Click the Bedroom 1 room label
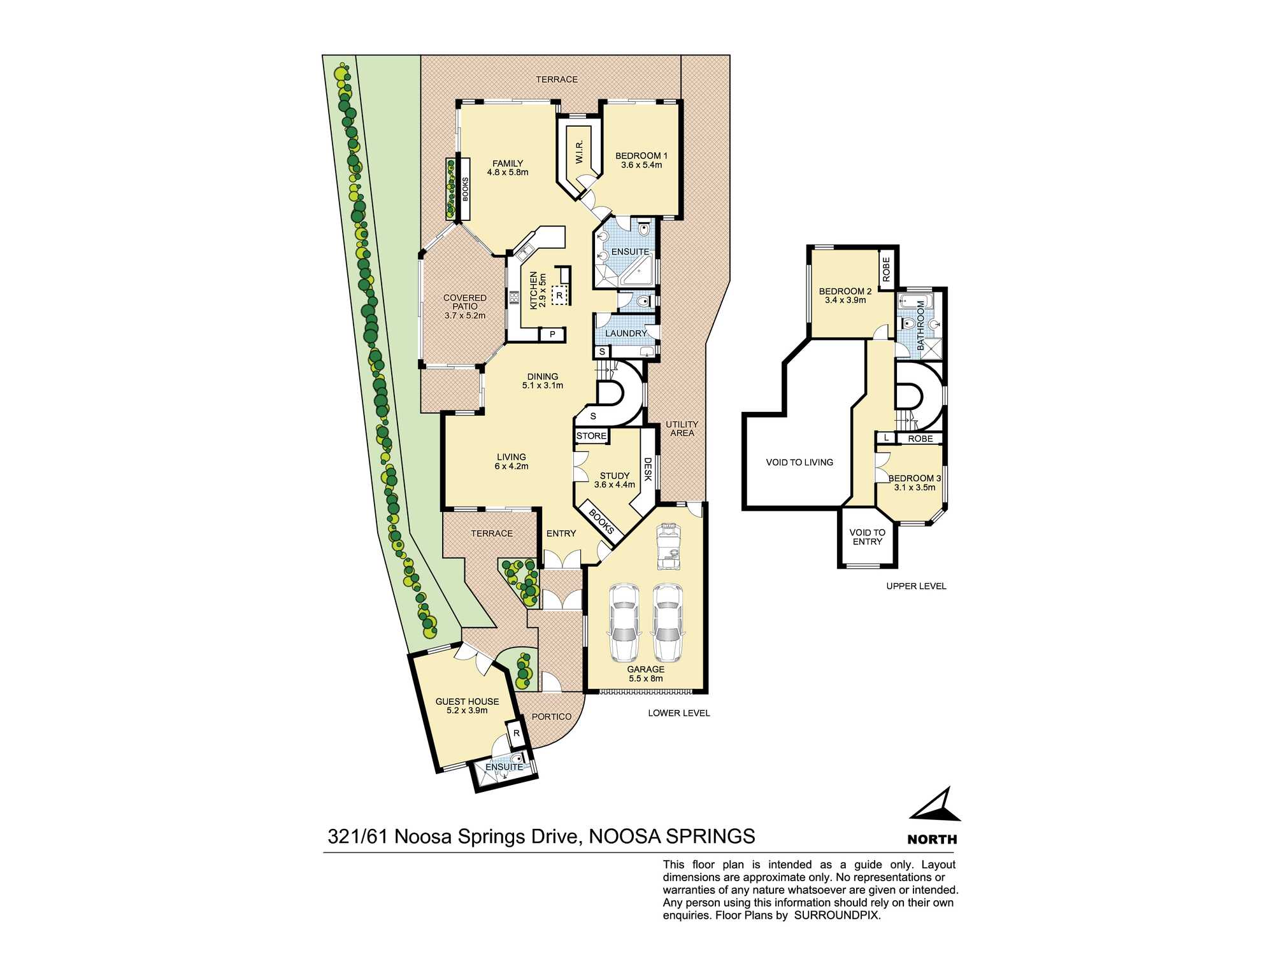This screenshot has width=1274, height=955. [x=641, y=156]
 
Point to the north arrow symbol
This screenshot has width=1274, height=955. [x=936, y=806]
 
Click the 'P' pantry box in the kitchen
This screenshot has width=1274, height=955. [x=552, y=334]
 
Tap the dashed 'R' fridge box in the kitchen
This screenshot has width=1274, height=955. [x=559, y=295]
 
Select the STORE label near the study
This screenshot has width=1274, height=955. [x=591, y=436]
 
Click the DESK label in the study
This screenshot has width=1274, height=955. [x=648, y=469]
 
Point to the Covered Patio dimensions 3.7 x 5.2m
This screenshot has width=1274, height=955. [x=465, y=316]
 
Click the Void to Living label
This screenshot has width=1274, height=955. [x=799, y=462]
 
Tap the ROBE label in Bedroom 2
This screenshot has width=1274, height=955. [x=886, y=269]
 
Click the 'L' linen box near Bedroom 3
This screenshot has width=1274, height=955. [x=886, y=438]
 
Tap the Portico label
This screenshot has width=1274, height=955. [x=552, y=716]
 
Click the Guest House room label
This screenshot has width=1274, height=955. [x=467, y=702]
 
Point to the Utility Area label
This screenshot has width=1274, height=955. [x=682, y=428]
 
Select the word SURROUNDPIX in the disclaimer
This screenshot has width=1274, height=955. [x=836, y=916]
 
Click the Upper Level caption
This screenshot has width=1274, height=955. [x=916, y=586]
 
